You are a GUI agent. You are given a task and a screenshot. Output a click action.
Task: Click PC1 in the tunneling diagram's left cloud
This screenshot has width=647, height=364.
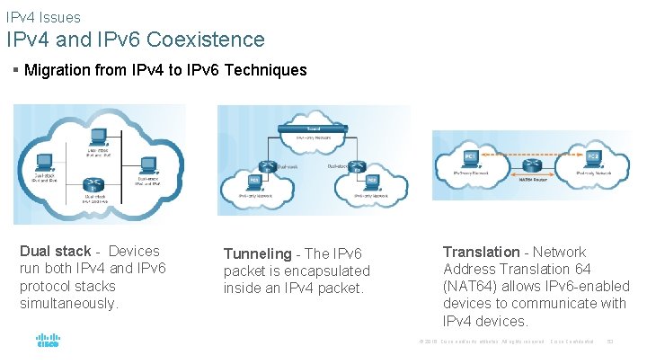click(x=254, y=182)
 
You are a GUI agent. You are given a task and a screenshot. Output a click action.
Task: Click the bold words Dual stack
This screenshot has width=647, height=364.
click(x=55, y=252)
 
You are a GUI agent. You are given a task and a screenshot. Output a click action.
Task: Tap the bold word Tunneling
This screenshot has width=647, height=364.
click(x=257, y=254)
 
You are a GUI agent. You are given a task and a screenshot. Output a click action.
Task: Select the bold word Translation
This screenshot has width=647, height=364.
click(x=481, y=252)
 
